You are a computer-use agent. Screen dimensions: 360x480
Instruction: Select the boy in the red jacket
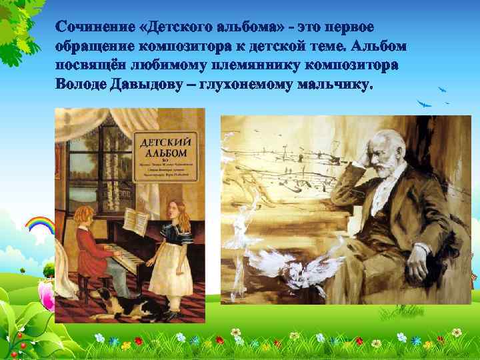[89, 247]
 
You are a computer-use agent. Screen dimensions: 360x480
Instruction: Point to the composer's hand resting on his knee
[417, 270]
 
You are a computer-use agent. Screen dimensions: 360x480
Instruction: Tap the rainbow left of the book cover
[39, 224]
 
